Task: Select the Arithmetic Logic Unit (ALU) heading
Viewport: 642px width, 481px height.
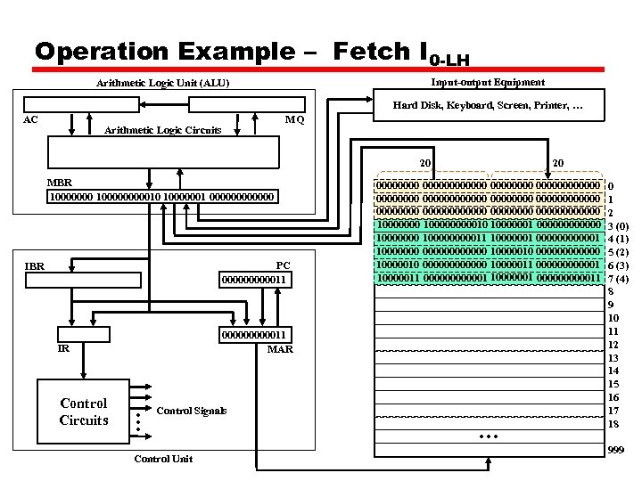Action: (x=162, y=84)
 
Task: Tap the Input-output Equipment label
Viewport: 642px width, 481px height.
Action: (x=487, y=82)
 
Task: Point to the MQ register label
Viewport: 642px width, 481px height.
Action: (x=294, y=120)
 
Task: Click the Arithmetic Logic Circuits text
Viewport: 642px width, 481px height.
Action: (x=163, y=130)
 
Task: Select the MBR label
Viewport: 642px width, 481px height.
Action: (x=59, y=183)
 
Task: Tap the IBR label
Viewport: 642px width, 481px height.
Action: (x=35, y=266)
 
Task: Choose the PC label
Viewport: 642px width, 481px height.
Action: (x=283, y=265)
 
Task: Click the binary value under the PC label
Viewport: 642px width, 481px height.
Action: (x=255, y=281)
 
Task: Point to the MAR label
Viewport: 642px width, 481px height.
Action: (x=280, y=349)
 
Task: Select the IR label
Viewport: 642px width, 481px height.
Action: (x=63, y=349)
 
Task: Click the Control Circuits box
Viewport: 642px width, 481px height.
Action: (x=84, y=412)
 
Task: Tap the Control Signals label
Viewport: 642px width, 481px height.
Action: (x=191, y=411)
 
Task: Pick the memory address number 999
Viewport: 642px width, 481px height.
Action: (x=615, y=452)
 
